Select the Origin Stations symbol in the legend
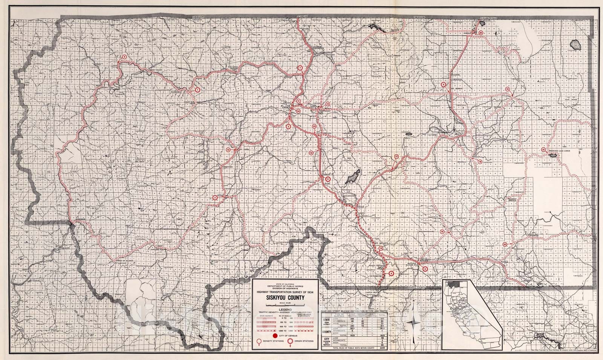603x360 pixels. pos(291,343)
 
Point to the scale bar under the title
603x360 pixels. pos(285,304)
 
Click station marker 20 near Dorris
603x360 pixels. pos(481,33)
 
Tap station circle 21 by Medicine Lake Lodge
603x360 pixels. pos(543,150)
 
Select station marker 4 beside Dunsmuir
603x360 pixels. pos(392,274)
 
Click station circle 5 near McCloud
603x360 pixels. pos(425,269)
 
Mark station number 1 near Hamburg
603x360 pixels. pos(197,90)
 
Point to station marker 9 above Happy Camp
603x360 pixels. pos(124,57)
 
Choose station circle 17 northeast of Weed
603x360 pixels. pos(396,156)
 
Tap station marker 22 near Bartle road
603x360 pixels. pos(505,244)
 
